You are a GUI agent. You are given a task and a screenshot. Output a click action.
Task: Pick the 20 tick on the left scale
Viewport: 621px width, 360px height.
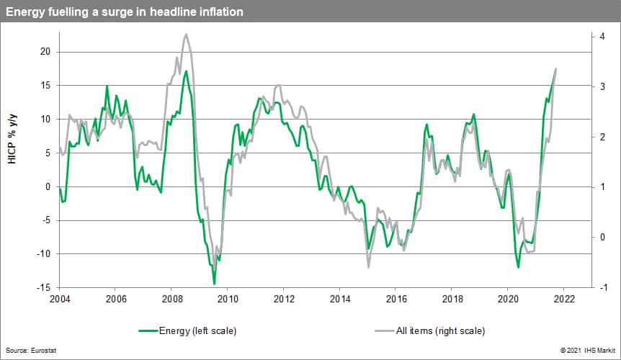click(45, 52)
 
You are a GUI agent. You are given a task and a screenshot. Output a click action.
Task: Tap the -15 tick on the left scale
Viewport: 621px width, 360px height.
click(43, 287)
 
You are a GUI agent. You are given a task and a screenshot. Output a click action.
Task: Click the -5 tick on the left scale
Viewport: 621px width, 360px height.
click(45, 220)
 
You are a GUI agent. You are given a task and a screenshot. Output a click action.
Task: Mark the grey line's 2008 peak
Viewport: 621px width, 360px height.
click(187, 34)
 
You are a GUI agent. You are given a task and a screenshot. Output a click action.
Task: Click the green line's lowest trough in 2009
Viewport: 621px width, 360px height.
click(214, 284)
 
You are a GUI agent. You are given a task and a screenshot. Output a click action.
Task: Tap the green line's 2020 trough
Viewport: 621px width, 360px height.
click(518, 268)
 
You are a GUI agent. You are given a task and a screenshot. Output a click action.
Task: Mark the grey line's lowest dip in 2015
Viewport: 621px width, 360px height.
click(368, 267)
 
